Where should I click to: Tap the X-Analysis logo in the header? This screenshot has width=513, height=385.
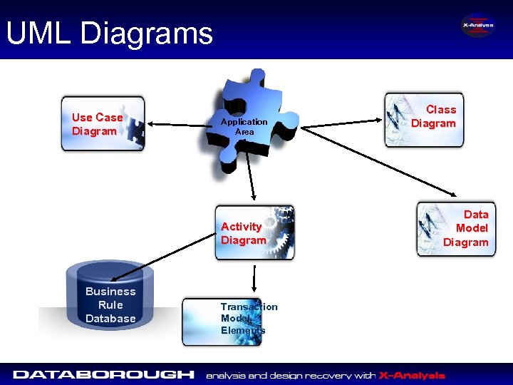(477, 26)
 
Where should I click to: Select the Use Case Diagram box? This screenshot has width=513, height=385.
(103, 124)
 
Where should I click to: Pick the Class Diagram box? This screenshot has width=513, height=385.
(424, 119)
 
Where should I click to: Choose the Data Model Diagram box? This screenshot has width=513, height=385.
(456, 229)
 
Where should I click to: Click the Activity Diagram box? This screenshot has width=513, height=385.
(255, 233)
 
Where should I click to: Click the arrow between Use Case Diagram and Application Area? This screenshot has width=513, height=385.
(179, 125)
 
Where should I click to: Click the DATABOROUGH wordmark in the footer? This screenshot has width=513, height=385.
(104, 374)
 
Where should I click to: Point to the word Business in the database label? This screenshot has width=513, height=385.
(110, 291)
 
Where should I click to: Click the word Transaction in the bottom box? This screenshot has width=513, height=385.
(249, 307)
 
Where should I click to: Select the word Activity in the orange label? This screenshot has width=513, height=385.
(241, 227)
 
